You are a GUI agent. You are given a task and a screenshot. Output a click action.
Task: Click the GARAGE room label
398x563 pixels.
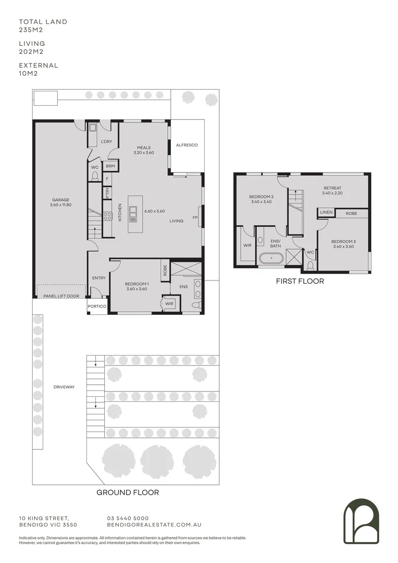(x=60, y=200)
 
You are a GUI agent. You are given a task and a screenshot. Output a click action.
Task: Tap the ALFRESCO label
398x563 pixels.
(x=186, y=145)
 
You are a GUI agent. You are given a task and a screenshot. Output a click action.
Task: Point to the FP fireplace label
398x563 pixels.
(x=195, y=217)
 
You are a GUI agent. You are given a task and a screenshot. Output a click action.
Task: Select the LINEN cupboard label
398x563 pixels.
(x=327, y=213)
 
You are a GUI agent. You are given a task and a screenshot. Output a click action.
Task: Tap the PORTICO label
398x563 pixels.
(x=97, y=307)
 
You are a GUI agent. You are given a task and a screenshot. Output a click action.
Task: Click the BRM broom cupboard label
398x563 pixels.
(x=110, y=166)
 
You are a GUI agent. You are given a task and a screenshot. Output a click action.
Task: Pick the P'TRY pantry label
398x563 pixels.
(x=108, y=193)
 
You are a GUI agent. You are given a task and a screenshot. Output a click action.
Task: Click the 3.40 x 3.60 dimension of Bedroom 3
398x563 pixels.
(x=343, y=247)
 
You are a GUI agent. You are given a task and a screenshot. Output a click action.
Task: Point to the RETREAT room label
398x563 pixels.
(x=332, y=188)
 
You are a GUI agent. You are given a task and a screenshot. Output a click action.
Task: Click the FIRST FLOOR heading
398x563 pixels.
(x=300, y=281)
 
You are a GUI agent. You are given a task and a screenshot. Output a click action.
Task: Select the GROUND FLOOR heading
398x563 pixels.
(x=128, y=492)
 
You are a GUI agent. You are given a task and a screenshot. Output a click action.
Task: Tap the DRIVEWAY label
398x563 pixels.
(x=64, y=387)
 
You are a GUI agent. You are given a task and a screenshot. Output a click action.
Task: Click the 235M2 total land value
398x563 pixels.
(x=30, y=30)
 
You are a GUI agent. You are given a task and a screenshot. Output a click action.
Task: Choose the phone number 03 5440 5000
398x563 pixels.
(x=128, y=518)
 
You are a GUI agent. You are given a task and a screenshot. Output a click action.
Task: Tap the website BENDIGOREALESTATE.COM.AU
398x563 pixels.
(x=154, y=525)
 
